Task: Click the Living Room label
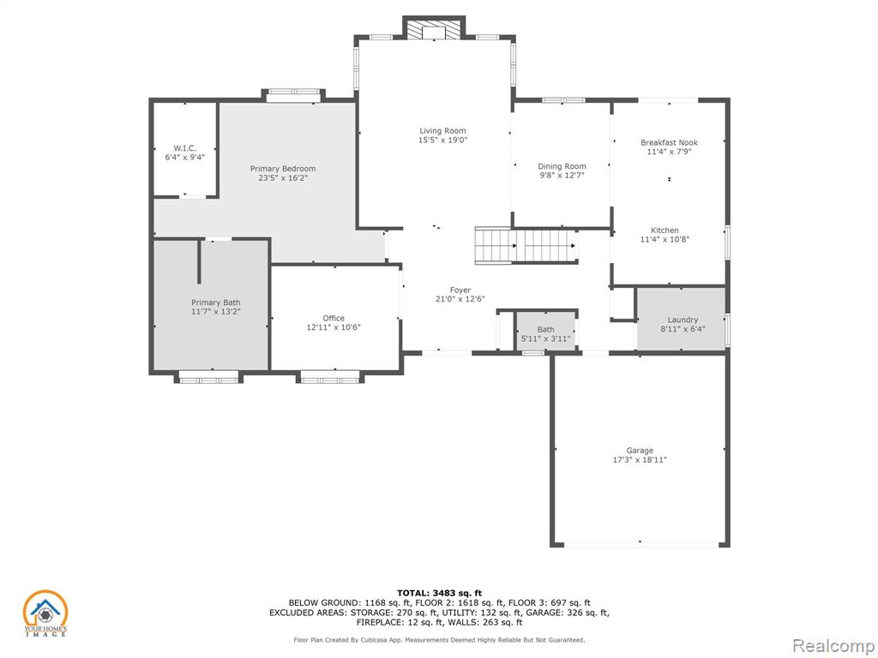point(442,131)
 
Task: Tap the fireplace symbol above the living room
point(433,30)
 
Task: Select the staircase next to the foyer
point(526,246)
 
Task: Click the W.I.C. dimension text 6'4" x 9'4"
point(185,158)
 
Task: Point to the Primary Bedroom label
point(283,169)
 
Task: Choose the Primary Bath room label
point(215,302)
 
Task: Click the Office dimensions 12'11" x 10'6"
point(334,327)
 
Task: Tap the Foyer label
point(460,290)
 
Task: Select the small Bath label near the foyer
point(546,330)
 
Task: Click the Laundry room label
point(683,320)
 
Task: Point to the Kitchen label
point(665,230)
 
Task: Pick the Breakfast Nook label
point(669,142)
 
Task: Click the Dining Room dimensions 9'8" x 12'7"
point(562,175)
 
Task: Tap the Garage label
point(640,451)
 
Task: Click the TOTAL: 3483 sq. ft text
point(439,593)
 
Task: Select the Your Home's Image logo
point(45,613)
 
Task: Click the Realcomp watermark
point(833,646)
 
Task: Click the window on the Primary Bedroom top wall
point(293,96)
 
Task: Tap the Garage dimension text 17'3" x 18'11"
point(640,460)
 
